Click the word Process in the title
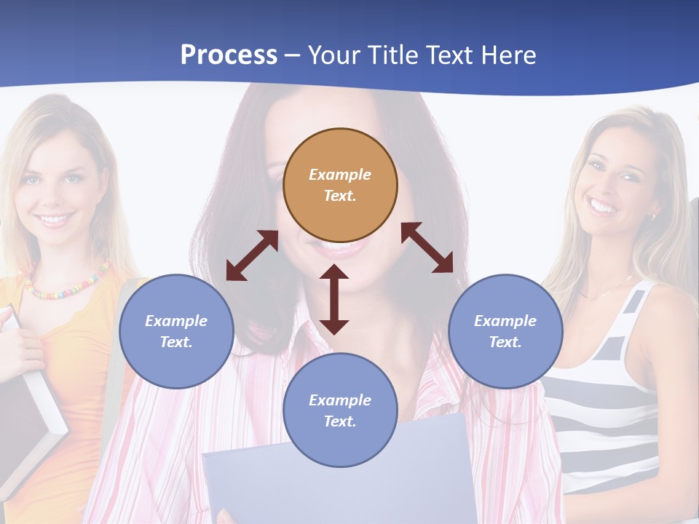tap(229, 55)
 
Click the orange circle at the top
tap(340, 185)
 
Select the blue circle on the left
tap(176, 331)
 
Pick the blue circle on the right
tap(505, 331)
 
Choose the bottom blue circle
tap(340, 410)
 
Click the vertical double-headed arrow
tap(334, 299)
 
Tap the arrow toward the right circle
tap(427, 247)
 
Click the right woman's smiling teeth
tap(604, 207)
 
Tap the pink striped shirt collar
tap(306, 342)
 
